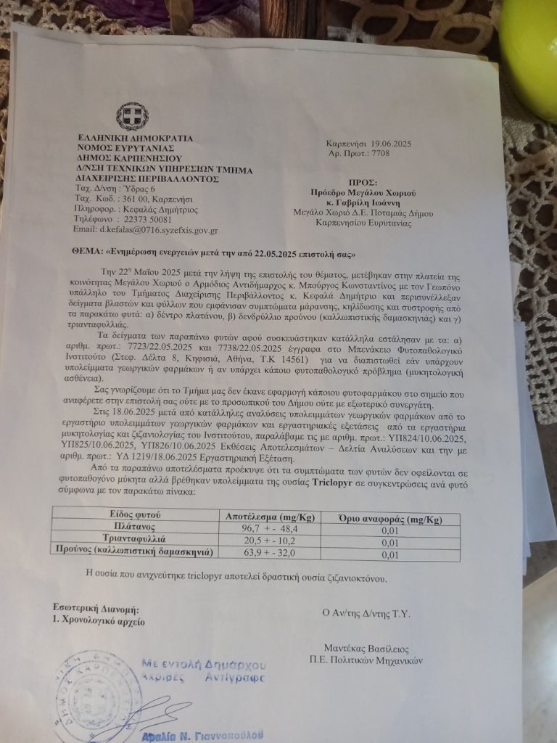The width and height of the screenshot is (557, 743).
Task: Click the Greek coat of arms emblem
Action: (133, 116)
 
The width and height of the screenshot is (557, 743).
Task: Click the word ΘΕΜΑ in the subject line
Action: (68, 255)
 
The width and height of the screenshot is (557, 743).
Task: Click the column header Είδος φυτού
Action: (130, 514)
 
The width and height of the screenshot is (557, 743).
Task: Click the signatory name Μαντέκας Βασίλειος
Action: (368, 648)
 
